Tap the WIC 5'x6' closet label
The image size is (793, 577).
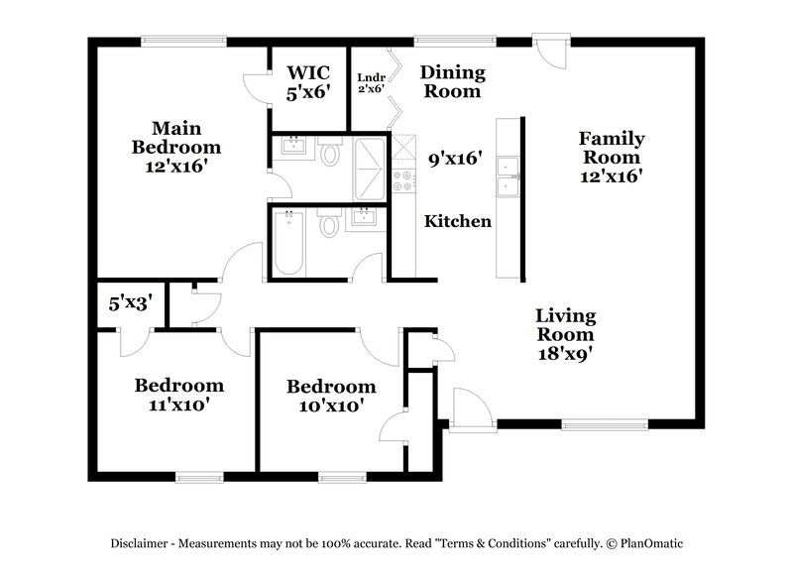pos(308,81)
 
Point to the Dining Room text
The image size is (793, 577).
pos(452,81)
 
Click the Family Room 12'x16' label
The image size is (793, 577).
pos(612,157)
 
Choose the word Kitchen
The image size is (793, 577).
pos(458,221)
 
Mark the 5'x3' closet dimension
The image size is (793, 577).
pos(129,303)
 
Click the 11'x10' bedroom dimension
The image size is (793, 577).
pos(179,404)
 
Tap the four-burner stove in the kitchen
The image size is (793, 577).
pos(403,180)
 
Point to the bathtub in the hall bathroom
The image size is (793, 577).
pos(288,243)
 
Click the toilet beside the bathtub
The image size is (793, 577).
pos(330,227)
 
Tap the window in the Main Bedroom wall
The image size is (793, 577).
pos(173,43)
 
